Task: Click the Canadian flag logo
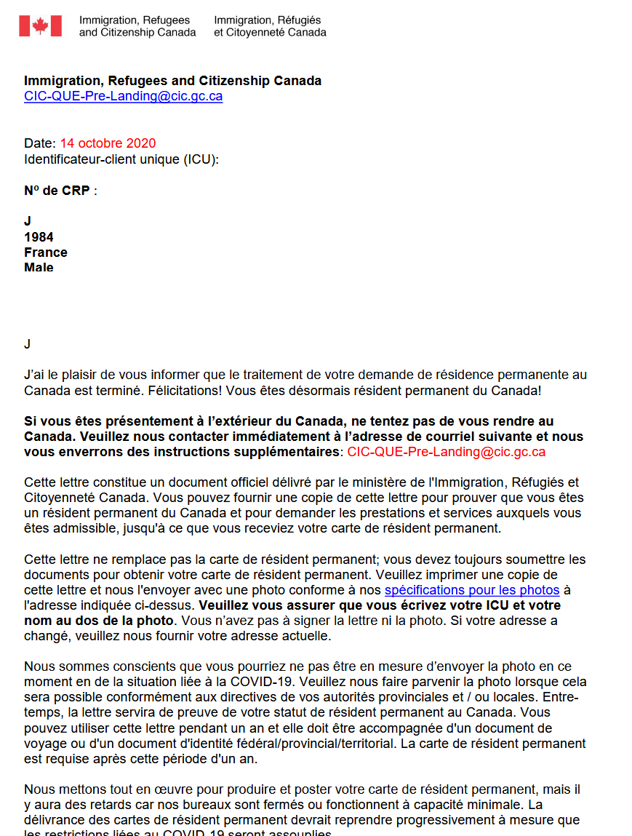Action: click(40, 26)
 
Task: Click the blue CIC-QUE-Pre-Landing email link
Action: click(123, 96)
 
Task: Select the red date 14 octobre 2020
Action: click(108, 143)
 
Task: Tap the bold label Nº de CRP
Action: click(57, 191)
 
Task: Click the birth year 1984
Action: click(39, 237)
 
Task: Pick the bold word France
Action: click(46, 252)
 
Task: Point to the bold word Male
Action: click(39, 268)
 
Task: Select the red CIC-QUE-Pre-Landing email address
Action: click(446, 452)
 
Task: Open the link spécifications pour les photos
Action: click(472, 590)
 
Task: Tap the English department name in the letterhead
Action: click(137, 26)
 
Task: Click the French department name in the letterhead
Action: click(270, 26)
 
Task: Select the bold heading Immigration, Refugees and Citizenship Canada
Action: click(172, 81)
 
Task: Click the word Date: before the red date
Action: click(40, 143)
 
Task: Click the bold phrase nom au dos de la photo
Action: click(99, 621)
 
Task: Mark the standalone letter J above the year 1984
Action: click(28, 221)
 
